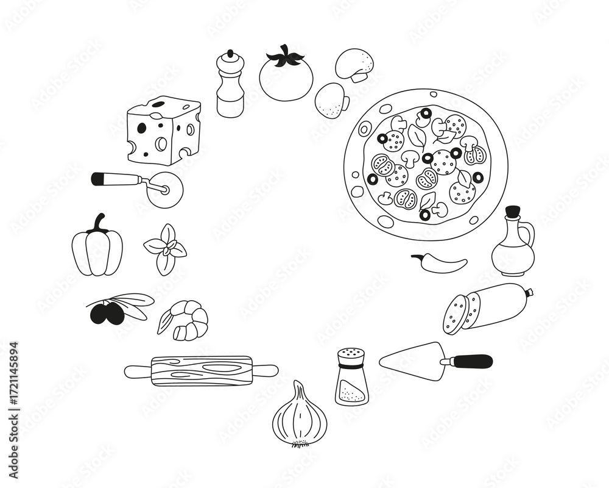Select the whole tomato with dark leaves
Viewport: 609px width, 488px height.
point(286,76)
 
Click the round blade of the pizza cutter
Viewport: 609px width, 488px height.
point(165,190)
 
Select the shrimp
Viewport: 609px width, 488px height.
point(185,320)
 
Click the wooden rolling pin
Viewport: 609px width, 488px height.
point(201,370)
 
